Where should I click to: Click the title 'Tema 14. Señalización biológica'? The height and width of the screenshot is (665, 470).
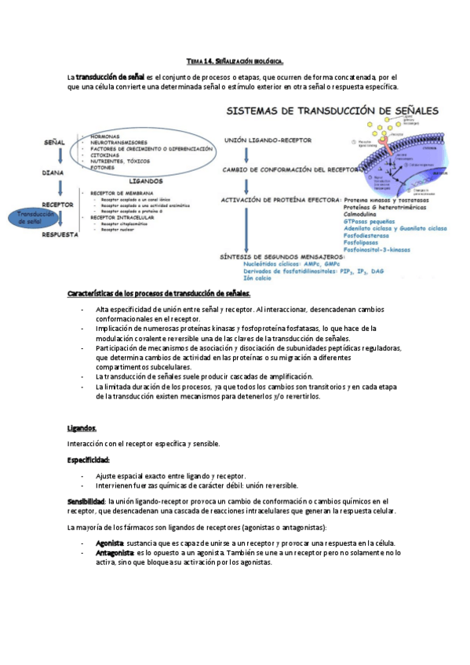[235, 61]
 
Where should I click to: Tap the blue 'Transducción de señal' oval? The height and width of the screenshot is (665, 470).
[34, 219]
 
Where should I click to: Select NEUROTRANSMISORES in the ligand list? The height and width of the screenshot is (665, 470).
[118, 142]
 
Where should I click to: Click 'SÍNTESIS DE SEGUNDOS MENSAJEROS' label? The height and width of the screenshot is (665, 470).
[284, 257]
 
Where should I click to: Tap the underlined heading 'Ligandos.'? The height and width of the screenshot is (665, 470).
[82, 428]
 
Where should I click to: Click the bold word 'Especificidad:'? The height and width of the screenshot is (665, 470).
[89, 460]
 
